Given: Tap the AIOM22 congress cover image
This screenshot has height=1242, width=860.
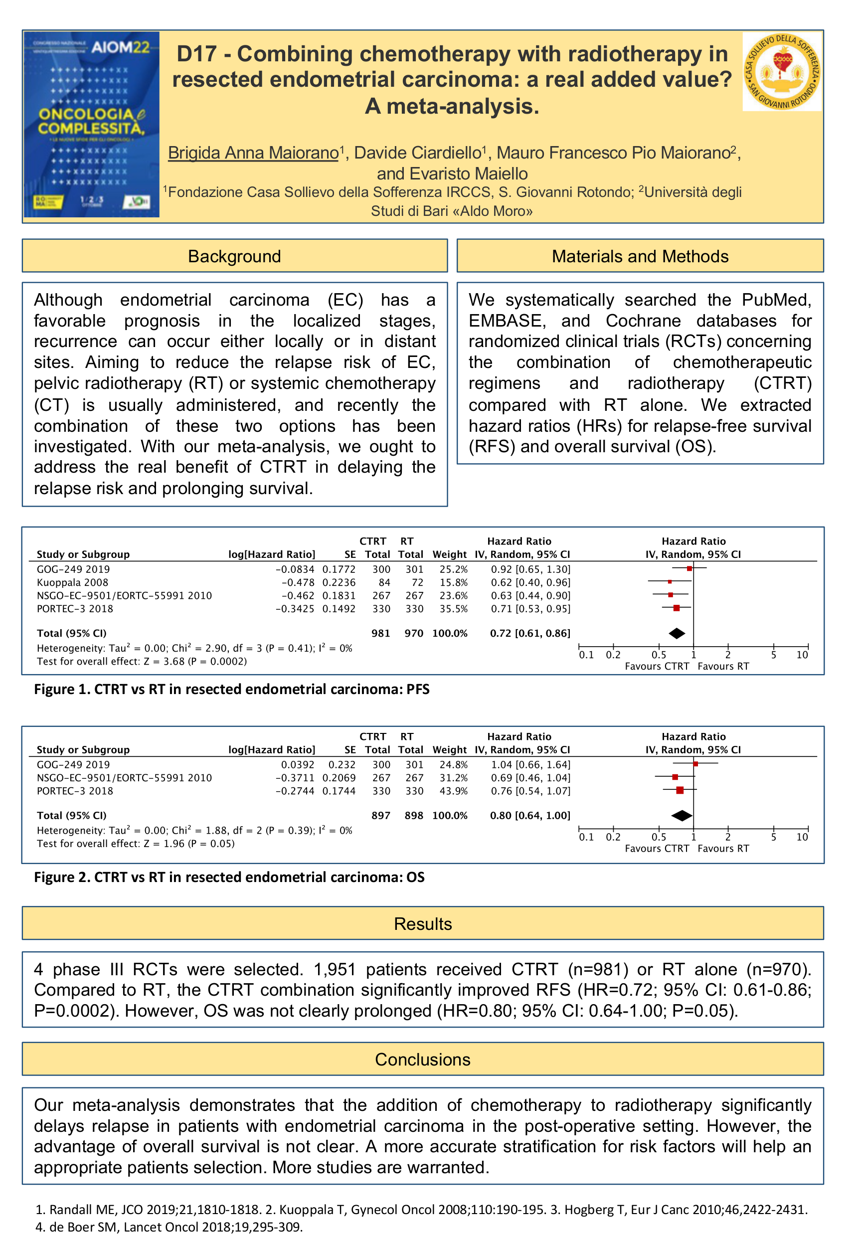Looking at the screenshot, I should tap(92, 125).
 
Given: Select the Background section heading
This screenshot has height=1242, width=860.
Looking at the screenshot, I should tap(234, 256).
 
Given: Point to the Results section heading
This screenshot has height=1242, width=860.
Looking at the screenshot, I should tap(422, 923).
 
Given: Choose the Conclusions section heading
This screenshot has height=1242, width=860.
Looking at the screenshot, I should tap(422, 1060).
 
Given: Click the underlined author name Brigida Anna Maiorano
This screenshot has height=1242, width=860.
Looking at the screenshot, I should tap(253, 153).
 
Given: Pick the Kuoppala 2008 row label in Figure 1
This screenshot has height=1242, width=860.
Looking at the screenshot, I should tap(72, 582).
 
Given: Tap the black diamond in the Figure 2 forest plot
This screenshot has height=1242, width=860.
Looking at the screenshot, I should tap(682, 816).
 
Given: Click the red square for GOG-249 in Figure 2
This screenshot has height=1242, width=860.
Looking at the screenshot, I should tap(695, 764).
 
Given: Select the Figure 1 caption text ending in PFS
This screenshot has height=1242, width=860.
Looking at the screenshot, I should tap(232, 689).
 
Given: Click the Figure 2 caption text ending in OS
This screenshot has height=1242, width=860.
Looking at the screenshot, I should tap(229, 877).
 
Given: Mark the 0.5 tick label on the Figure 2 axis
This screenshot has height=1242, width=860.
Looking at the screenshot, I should tap(659, 837).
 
